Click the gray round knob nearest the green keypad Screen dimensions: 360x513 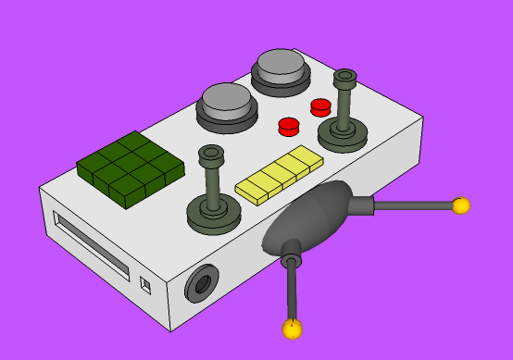(226, 100)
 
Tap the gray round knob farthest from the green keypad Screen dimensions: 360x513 (281, 65)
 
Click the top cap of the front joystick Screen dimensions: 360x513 (211, 153)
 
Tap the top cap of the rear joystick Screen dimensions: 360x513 (345, 77)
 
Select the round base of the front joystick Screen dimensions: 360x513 (214, 216)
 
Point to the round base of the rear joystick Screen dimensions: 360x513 (343, 136)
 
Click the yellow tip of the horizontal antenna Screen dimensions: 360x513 (460, 205)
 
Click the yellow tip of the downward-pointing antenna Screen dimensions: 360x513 (293, 329)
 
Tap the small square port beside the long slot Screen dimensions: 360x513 (144, 284)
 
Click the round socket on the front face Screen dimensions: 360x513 (201, 283)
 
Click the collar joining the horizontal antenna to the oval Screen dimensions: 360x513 (361, 205)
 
